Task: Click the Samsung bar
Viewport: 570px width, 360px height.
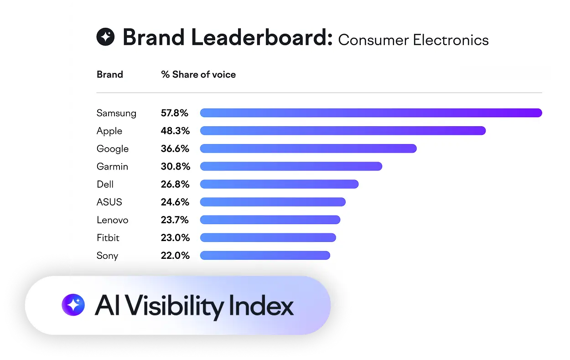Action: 371,113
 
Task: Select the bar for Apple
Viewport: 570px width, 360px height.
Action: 342,131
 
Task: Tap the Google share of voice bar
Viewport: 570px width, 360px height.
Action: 308,149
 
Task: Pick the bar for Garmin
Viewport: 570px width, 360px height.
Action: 291,166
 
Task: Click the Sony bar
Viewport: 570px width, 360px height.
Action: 265,255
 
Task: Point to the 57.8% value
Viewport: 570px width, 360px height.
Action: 175,113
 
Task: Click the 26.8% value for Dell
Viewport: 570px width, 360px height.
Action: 175,184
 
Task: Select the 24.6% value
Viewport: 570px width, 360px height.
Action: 175,202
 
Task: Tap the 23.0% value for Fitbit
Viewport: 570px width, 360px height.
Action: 175,237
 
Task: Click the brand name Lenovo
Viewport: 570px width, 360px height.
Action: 112,220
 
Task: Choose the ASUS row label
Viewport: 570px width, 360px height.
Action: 109,202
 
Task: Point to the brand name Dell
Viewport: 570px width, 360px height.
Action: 105,184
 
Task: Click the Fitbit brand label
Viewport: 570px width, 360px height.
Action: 108,237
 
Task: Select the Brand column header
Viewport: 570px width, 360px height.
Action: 110,74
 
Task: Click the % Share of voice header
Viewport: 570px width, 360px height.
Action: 198,74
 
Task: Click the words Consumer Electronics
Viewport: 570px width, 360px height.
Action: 413,40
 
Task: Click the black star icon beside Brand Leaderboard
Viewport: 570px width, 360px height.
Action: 105,37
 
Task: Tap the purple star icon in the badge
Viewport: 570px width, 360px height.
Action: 73,305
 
